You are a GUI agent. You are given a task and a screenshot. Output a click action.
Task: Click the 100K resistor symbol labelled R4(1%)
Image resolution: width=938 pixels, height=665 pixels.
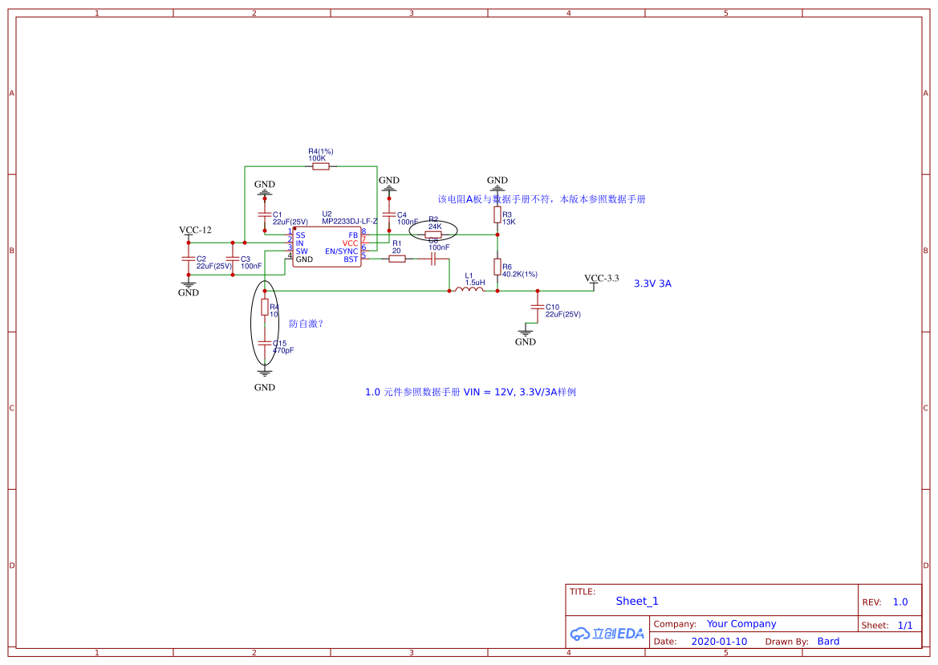[319, 167]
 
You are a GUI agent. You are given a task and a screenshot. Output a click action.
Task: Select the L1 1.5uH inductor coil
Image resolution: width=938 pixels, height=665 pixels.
[469, 291]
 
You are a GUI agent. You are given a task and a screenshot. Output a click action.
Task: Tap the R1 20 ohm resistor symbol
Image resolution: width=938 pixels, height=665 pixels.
[396, 259]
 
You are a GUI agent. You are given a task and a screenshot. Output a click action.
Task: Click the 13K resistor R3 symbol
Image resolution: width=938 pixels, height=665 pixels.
[497, 214]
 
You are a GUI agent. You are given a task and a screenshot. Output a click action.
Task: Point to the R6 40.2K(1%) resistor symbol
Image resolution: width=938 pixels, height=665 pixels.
[497, 267]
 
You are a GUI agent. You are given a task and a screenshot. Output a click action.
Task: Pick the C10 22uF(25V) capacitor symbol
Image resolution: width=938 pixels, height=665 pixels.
[538, 308]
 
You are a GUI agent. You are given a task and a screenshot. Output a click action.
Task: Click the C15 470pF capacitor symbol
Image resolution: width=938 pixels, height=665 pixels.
[265, 343]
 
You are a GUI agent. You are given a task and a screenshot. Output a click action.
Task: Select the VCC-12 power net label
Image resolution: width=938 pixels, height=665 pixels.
[195, 231]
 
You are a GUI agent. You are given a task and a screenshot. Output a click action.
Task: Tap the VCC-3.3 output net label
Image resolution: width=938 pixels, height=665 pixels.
[602, 279]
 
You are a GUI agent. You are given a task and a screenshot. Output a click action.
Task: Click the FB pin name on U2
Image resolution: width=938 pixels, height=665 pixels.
[353, 235]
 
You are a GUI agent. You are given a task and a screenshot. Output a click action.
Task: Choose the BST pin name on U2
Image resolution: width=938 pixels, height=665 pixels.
[351, 259]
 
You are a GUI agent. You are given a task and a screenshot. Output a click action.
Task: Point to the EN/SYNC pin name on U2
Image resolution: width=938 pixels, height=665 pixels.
[342, 251]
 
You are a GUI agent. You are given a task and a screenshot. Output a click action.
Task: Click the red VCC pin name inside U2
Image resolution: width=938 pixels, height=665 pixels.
[350, 243]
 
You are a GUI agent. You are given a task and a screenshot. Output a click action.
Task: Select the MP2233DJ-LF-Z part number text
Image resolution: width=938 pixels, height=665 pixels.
[350, 221]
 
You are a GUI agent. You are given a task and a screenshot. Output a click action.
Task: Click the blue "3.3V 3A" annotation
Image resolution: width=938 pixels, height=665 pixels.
[652, 284]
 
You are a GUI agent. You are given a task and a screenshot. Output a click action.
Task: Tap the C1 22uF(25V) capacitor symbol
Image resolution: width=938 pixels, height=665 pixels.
[265, 215]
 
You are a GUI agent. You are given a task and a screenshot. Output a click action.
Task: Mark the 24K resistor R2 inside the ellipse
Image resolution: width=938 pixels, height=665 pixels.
[433, 235]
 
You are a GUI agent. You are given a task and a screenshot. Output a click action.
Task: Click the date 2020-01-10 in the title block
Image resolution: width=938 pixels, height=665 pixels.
[719, 642]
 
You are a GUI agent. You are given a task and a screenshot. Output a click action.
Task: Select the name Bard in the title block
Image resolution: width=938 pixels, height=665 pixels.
[828, 642]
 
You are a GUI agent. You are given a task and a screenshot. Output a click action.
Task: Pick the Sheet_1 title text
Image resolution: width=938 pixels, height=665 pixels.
[637, 601]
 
